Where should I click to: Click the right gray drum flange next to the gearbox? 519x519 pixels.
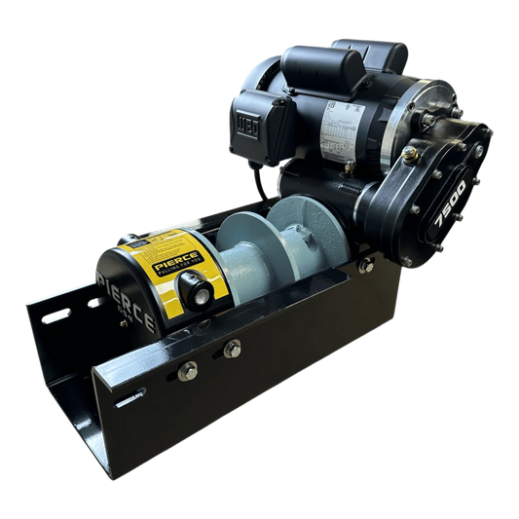[296, 234]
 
